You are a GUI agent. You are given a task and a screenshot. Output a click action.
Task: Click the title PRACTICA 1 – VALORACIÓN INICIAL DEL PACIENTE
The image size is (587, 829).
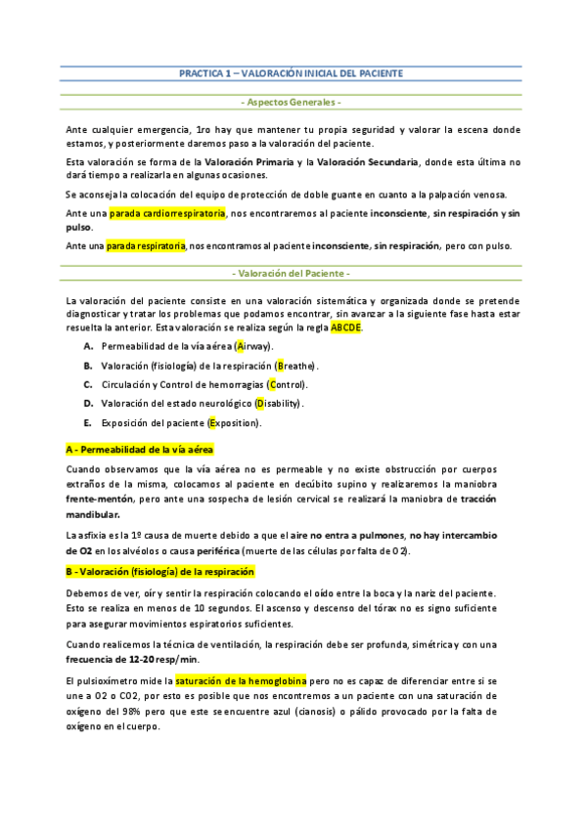click(292, 73)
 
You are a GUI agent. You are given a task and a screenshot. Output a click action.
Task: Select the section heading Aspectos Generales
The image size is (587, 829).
click(292, 102)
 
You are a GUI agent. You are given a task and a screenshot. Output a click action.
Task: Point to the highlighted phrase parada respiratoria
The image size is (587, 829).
click(147, 245)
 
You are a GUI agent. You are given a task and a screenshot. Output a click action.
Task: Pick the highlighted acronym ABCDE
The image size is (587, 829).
click(346, 328)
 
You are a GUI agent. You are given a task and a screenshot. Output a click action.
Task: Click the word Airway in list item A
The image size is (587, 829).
click(255, 347)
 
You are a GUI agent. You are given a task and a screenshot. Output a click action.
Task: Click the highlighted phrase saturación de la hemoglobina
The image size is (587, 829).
click(241, 679)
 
